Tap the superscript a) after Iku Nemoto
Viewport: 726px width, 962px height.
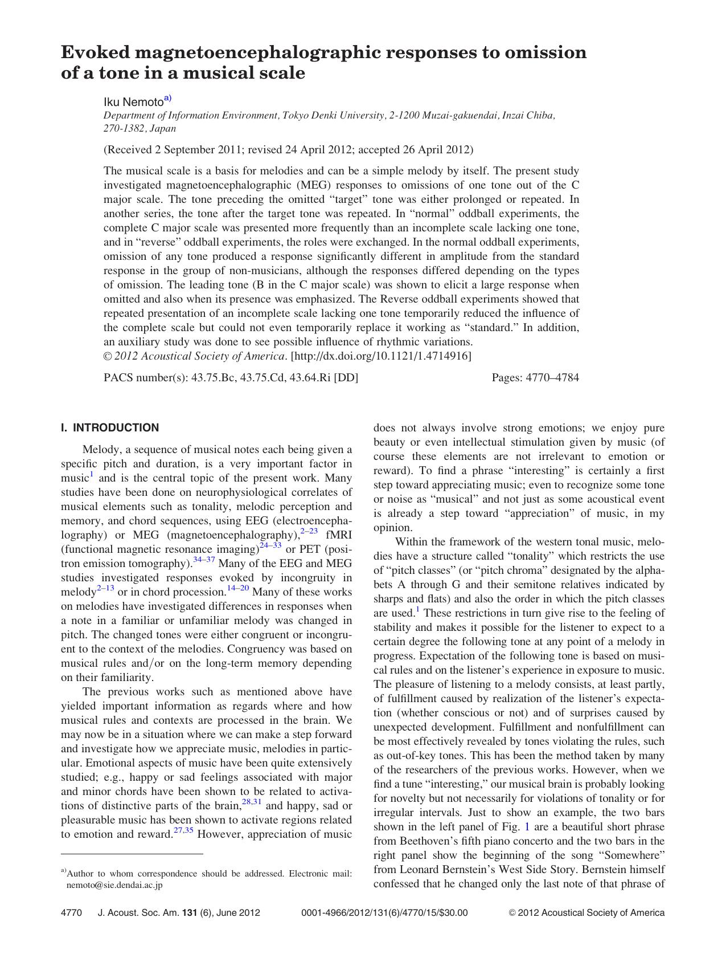click(167, 98)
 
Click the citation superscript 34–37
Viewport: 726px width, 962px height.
click(204, 559)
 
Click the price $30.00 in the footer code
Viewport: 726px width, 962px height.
click(454, 912)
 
